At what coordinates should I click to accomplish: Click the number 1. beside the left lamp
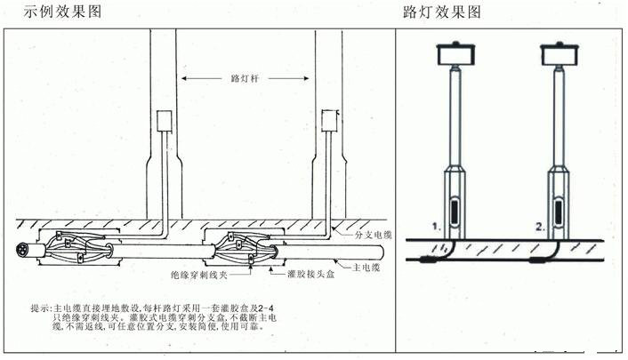pyautogui.click(x=436, y=227)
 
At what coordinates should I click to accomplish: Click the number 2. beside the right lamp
pyautogui.click(x=539, y=227)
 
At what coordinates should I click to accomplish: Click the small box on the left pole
pyautogui.click(x=163, y=122)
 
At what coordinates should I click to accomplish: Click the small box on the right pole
pyautogui.click(x=331, y=122)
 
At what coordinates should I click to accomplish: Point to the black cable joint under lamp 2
pyautogui.click(x=543, y=260)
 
